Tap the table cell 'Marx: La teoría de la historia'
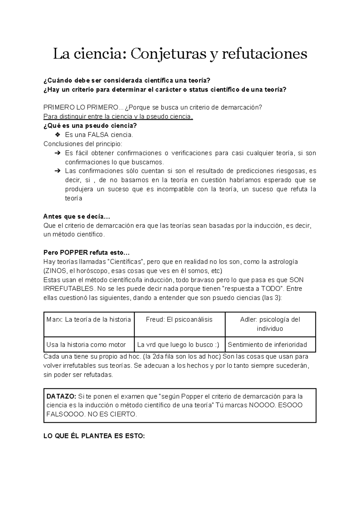point(89,319)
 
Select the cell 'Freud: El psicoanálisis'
point(179,319)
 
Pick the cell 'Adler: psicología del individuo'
point(270,324)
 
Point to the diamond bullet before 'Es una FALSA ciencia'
point(58,135)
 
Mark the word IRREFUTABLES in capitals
point(69,289)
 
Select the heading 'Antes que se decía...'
point(77,217)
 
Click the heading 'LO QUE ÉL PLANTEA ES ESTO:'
point(94,436)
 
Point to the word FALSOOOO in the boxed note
point(62,414)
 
